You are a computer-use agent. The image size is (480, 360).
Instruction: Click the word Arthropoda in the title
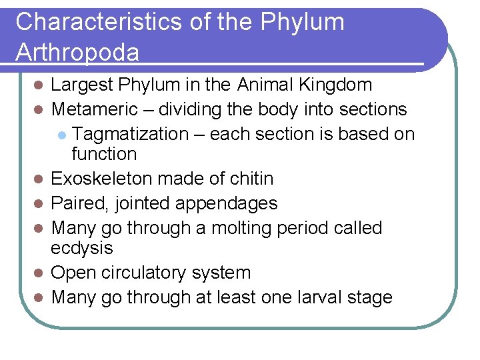(77, 52)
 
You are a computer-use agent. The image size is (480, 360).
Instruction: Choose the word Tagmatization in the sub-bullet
(130, 134)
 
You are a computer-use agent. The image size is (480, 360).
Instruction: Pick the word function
(103, 154)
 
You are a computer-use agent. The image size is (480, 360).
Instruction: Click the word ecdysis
(82, 248)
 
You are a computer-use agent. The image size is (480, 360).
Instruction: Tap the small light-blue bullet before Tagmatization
(61, 135)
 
